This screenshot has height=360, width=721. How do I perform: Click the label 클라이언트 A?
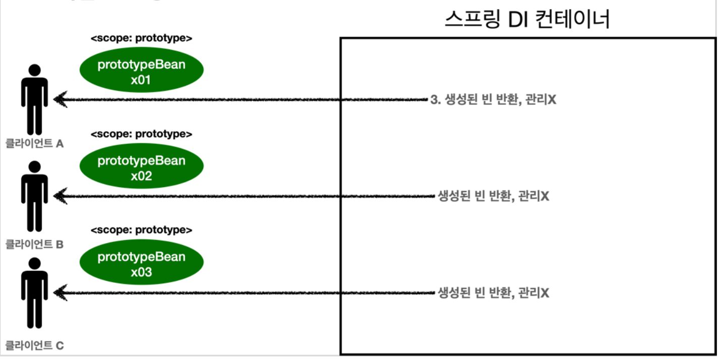pyautogui.click(x=34, y=144)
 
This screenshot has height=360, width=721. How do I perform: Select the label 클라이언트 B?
pyautogui.click(x=34, y=245)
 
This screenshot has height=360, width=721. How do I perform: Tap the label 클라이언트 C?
pyautogui.click(x=34, y=345)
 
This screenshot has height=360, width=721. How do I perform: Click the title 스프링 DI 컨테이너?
pyautogui.click(x=528, y=20)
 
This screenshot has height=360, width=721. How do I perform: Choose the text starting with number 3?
pyautogui.click(x=493, y=100)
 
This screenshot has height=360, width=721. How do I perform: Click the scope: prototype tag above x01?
pyautogui.click(x=141, y=38)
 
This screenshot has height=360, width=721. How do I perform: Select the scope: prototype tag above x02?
pyautogui.click(x=141, y=134)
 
